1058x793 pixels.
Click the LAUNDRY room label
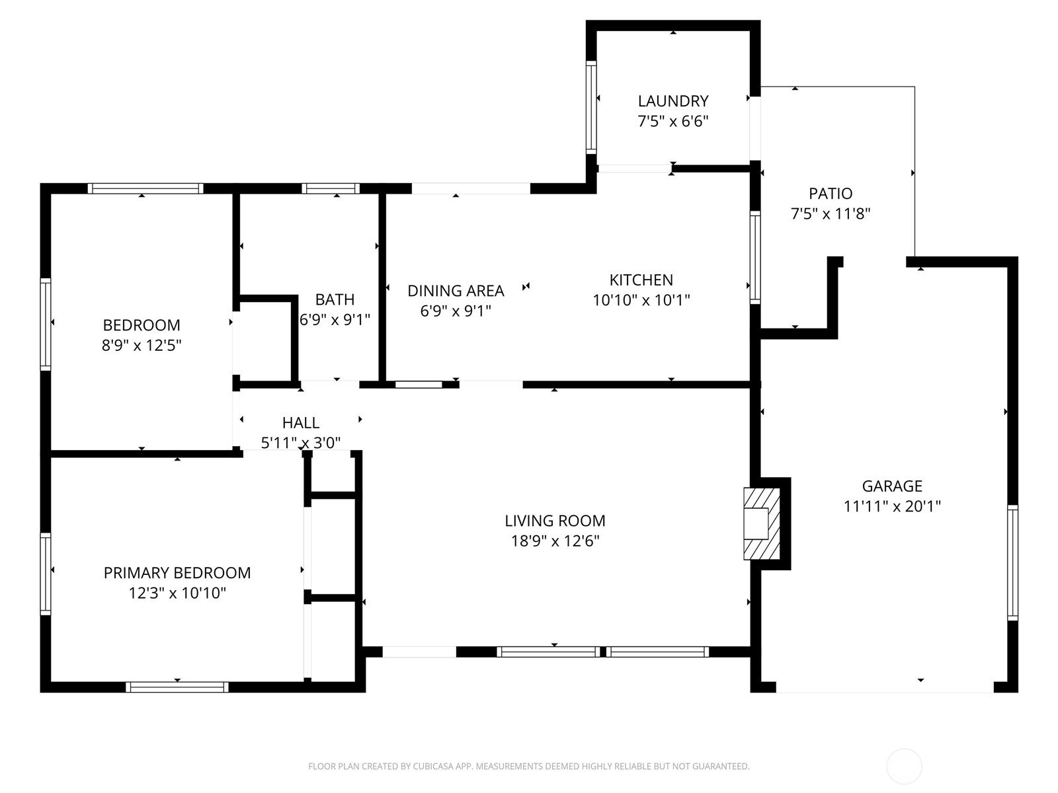tap(673, 101)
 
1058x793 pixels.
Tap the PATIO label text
tap(831, 194)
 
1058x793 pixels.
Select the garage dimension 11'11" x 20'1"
tap(892, 506)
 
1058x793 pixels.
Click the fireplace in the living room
tap(762, 523)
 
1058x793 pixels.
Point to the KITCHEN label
tap(641, 280)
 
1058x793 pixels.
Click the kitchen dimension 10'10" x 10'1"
tap(641, 301)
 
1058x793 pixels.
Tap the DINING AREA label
tap(456, 291)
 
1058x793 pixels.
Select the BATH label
tap(335, 299)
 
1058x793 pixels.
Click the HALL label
tap(301, 423)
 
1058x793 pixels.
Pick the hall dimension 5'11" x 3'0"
tap(301, 443)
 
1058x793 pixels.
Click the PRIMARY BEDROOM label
tap(177, 573)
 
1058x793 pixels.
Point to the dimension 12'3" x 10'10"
tap(177, 593)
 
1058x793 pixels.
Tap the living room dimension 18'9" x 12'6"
tap(555, 541)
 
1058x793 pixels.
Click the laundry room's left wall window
tap(591, 107)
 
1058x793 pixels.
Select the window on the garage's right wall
tap(1012, 562)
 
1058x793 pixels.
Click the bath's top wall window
tap(331, 188)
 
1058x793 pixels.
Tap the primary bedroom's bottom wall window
tap(177, 687)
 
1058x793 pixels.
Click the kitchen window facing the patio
tap(755, 257)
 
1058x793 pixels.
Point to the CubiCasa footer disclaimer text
tap(529, 767)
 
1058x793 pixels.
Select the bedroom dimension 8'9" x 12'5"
tap(142, 346)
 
